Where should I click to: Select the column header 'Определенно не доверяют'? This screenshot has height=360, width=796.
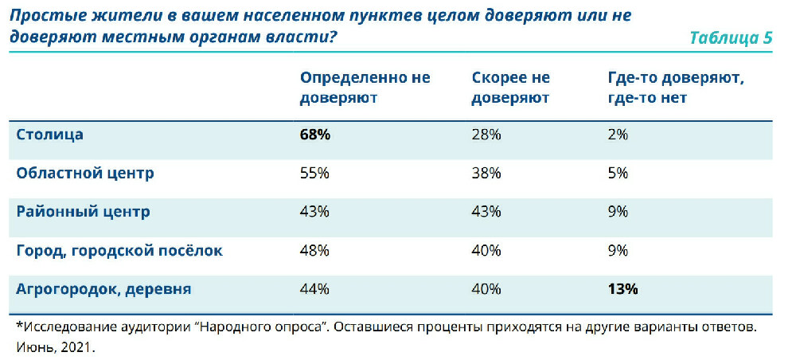(365, 88)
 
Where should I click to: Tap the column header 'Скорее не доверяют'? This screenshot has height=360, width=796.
(511, 88)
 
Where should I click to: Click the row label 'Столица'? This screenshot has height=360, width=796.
(50, 135)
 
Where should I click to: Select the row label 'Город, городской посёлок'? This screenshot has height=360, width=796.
(119, 250)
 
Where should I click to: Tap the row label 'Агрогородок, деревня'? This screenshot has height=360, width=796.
(103, 289)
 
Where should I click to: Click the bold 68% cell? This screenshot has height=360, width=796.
(315, 135)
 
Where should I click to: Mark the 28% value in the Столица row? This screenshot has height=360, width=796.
(486, 135)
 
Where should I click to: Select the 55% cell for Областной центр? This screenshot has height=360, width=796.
(314, 174)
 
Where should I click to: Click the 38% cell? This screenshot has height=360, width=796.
(486, 174)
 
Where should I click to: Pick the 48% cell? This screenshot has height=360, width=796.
(314, 251)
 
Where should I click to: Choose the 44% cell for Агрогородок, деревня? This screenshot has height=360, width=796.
(314, 289)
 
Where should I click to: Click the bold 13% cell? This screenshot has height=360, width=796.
(622, 289)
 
